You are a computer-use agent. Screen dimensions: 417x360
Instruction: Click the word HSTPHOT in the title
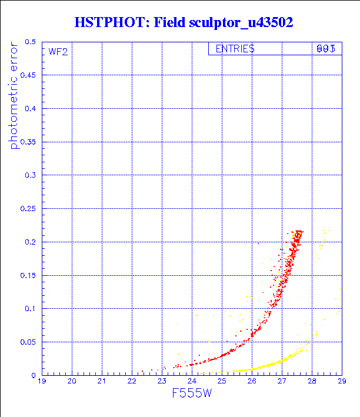[x=110, y=23]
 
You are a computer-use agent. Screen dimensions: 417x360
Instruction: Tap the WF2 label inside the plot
[x=58, y=52]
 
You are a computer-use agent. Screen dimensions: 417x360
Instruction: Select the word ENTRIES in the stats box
[x=235, y=49]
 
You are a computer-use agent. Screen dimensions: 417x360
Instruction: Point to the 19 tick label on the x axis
[x=42, y=382]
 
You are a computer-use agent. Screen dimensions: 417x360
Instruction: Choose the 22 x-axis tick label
[x=132, y=382]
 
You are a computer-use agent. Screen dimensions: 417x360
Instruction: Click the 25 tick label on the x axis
[x=222, y=382]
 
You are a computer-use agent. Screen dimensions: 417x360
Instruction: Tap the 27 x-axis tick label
[x=282, y=382]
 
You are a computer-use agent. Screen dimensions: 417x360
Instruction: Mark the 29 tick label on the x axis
[x=341, y=382]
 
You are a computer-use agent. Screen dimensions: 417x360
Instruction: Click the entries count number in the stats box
[x=326, y=49]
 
